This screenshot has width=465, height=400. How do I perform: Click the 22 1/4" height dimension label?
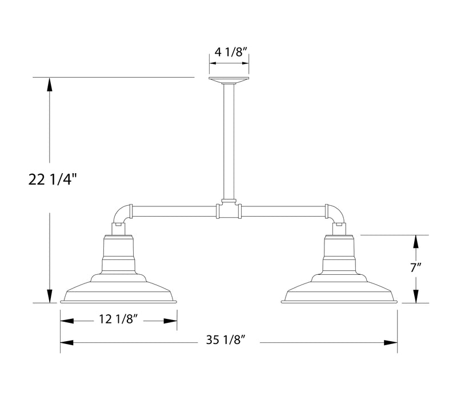[x=52, y=180]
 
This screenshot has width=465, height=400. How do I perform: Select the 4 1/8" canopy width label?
[x=230, y=52]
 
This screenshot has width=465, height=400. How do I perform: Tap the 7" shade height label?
[x=416, y=267]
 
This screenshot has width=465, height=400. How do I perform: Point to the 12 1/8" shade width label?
[x=118, y=320]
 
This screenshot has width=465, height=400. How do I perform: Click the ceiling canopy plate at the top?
[x=229, y=80]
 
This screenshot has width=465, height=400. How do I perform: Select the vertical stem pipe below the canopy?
[x=229, y=143]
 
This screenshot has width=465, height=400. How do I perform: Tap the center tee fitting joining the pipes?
[x=229, y=209]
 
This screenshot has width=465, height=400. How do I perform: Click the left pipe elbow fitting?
[x=123, y=214]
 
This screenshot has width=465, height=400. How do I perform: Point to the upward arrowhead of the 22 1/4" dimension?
[x=50, y=84]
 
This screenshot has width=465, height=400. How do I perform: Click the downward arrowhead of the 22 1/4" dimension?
[x=50, y=296]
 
